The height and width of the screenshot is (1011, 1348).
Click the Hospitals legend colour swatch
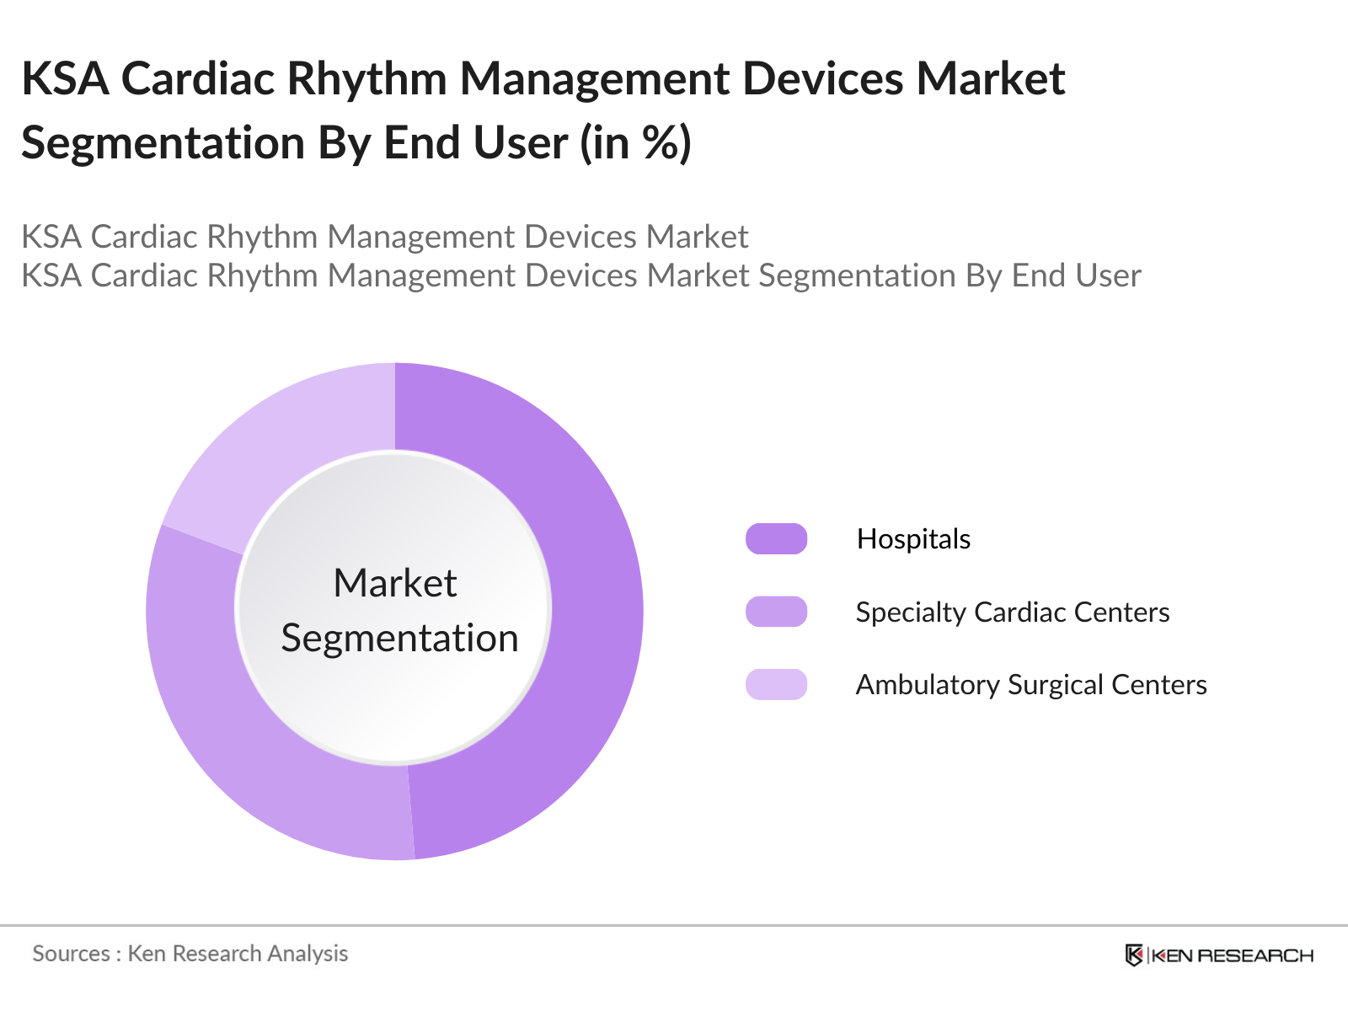[x=776, y=539]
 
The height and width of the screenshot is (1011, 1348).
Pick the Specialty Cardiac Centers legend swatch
[x=776, y=612]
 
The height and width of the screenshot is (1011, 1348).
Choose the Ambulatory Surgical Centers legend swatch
[x=776, y=684]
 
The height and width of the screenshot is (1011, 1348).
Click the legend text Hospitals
[x=913, y=539]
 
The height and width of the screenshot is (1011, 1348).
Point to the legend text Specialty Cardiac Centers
[x=1013, y=612]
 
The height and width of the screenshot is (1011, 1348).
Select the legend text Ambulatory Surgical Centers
[x=1031, y=684]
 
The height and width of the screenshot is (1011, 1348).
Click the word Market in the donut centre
[x=394, y=583]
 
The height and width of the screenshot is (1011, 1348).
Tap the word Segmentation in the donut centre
[x=399, y=638]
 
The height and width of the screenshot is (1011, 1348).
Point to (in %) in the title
[x=635, y=142]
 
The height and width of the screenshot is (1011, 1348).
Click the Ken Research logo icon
[x=1134, y=955]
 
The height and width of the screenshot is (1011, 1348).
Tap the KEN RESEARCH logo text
[x=1232, y=955]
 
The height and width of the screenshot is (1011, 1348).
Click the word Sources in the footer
[x=71, y=954]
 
